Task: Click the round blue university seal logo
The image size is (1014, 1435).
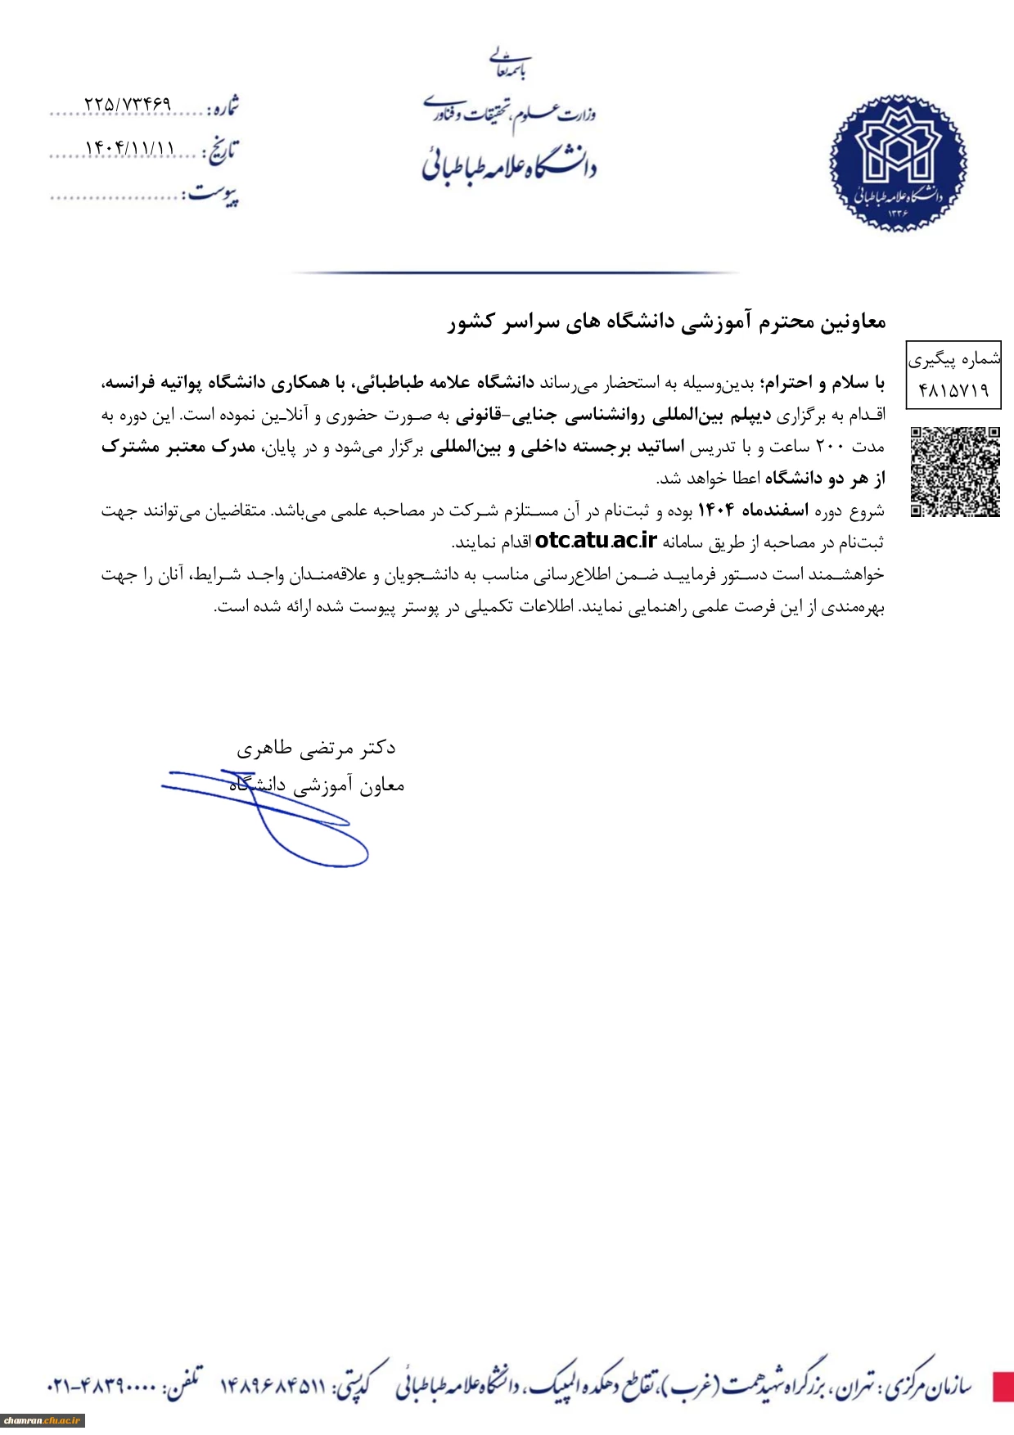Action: (898, 163)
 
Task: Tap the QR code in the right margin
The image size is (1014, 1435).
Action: (955, 471)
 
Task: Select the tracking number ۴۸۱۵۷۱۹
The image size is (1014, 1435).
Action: (953, 390)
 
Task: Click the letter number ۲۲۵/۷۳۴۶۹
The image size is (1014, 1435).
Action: (128, 105)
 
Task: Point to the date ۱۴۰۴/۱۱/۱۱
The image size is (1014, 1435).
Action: (129, 148)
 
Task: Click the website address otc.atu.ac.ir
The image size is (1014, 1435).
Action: (596, 541)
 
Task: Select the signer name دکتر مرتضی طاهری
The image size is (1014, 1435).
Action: (316, 748)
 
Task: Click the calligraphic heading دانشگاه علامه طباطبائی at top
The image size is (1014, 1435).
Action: (509, 162)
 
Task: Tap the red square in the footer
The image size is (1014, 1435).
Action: (1003, 1387)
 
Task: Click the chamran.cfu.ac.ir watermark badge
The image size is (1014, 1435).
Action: (43, 1421)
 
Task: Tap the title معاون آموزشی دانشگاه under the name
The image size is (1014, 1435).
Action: (317, 786)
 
